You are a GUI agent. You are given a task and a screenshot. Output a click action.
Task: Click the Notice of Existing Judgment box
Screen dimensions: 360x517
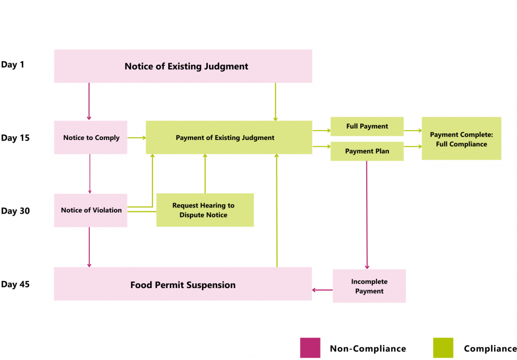point(183,66)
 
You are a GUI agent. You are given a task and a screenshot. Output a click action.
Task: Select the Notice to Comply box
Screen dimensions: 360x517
point(91,137)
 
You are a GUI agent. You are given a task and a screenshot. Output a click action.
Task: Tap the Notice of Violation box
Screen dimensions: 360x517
point(91,210)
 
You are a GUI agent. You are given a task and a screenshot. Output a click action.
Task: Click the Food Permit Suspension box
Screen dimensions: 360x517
point(183,284)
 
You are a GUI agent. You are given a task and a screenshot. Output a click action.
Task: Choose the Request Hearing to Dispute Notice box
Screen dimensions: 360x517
point(205,210)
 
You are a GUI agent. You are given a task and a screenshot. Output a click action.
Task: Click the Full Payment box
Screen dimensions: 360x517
point(367,126)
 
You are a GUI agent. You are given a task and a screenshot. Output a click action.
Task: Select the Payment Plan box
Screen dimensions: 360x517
point(367,151)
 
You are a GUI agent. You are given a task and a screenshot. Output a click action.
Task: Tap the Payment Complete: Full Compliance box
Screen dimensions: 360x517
point(461,138)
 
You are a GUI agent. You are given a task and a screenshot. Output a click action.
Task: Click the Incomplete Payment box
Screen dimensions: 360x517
point(369,286)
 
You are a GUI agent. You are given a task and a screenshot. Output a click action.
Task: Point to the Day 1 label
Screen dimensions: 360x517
point(13,64)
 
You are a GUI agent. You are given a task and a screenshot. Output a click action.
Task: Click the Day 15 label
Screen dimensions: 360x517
point(15,138)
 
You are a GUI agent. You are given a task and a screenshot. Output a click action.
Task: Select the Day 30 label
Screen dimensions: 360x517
point(15,211)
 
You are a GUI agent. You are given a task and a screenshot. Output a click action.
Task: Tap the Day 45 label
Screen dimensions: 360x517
point(15,284)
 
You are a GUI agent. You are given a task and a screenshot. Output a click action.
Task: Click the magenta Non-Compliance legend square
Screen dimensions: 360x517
point(310,348)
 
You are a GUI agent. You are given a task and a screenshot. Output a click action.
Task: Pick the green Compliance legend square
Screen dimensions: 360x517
point(442,348)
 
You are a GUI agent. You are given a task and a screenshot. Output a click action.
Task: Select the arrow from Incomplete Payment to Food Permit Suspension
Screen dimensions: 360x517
point(322,290)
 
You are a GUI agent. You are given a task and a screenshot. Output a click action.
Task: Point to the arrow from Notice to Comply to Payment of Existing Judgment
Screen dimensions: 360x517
point(136,138)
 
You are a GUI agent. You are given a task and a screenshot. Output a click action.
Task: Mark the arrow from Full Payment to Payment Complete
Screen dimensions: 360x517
point(413,131)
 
